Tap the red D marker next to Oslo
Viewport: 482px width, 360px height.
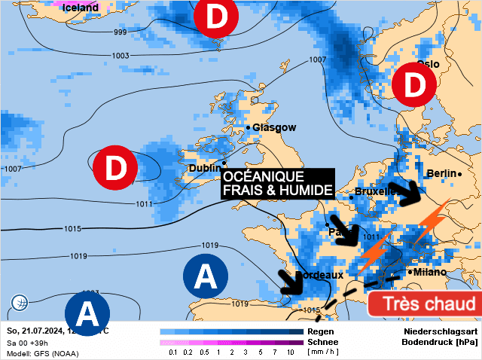[413, 85]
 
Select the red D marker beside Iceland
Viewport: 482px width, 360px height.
[215, 19]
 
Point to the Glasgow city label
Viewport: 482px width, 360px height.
[274, 127]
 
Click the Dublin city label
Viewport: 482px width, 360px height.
[204, 168]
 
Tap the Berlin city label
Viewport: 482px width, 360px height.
[441, 173]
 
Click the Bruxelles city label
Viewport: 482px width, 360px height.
[376, 191]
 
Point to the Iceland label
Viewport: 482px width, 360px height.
[81, 8]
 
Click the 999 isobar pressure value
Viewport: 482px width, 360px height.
[120, 32]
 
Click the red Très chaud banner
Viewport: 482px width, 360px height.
[424, 304]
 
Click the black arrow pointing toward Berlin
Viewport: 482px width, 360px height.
[413, 194]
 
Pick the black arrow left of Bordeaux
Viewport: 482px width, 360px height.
[288, 282]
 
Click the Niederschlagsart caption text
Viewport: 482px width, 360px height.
[441, 331]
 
